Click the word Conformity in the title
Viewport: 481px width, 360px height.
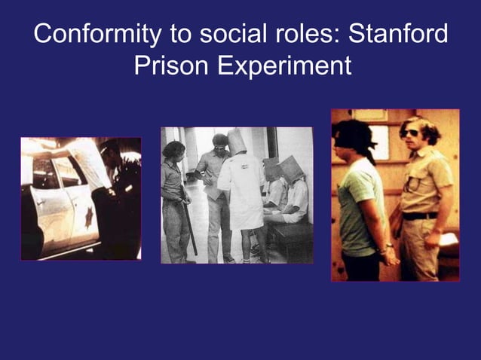pyautogui.click(x=97, y=35)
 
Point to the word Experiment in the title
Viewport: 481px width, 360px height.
pyautogui.click(x=285, y=66)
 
